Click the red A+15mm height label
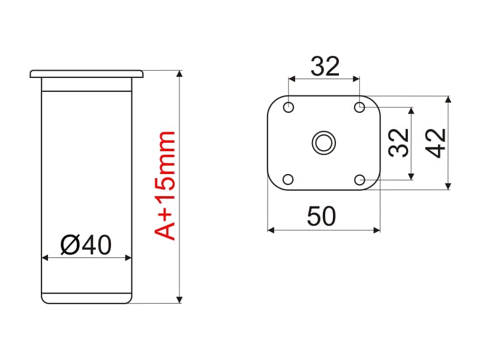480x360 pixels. coord(164,185)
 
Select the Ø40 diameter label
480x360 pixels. coord(86,245)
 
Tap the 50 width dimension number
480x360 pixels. coord(321,216)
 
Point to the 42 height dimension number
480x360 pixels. coord(436,143)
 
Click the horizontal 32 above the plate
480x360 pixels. coord(325,66)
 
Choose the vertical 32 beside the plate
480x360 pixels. coord(399,143)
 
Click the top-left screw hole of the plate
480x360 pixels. coord(289,107)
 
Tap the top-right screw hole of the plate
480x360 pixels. coord(359,107)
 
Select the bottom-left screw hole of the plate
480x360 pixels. coord(288,179)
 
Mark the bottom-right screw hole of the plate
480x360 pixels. coord(359,179)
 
